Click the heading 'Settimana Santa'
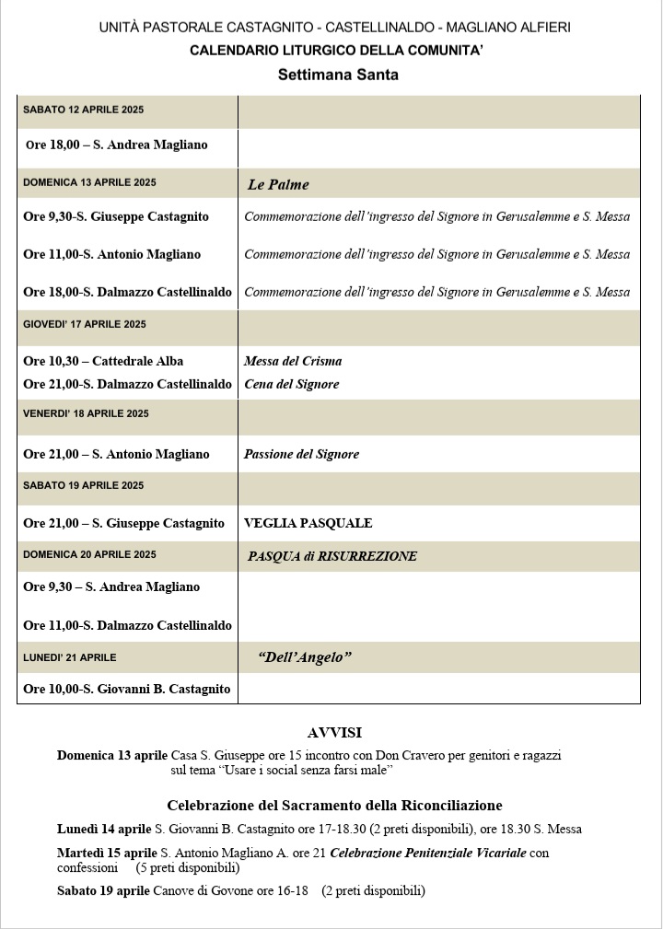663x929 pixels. pyautogui.click(x=338, y=75)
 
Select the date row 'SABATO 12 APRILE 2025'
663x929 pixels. pyautogui.click(x=83, y=110)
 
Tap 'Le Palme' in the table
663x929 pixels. pyautogui.click(x=278, y=184)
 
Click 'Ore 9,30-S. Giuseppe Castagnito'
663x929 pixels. pyautogui.click(x=116, y=216)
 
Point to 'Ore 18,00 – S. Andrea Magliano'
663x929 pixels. pyautogui.click(x=117, y=145)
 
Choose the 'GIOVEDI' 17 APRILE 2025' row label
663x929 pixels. pyautogui.click(x=85, y=324)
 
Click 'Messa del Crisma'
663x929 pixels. pyautogui.click(x=293, y=361)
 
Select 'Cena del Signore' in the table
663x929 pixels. pyautogui.click(x=291, y=384)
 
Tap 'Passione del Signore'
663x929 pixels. pyautogui.click(x=301, y=454)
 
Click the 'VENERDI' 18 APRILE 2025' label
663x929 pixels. pyautogui.click(x=84, y=413)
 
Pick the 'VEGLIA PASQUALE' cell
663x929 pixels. pyautogui.click(x=308, y=523)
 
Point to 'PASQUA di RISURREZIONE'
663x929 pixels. pyautogui.click(x=331, y=556)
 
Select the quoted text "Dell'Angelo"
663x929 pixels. pyautogui.click(x=305, y=657)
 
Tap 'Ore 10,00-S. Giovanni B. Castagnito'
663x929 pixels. pyautogui.click(x=126, y=689)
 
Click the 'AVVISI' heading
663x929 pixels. pyautogui.click(x=334, y=733)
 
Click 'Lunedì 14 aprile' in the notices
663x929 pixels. pyautogui.click(x=104, y=829)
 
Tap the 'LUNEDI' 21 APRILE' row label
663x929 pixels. pyautogui.click(x=70, y=657)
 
